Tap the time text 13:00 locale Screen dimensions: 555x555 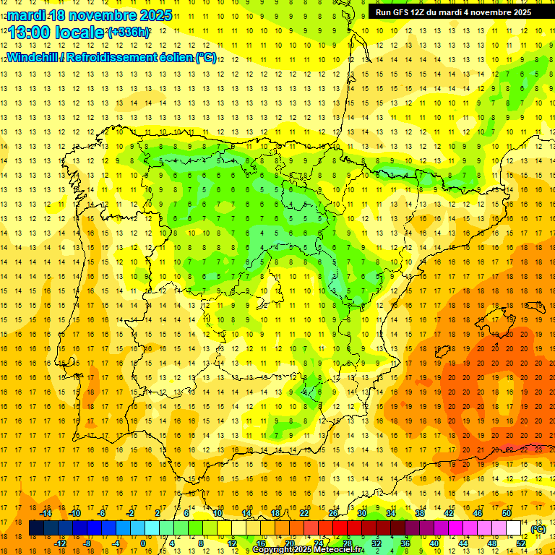tap(56, 33)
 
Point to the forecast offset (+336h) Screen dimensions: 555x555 tap(129, 33)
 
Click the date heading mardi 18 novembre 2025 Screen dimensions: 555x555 tap(90, 15)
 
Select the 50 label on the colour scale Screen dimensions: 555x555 tap(507, 513)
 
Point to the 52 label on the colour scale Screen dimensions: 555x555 tap(521, 543)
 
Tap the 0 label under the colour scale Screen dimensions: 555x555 tap(143, 543)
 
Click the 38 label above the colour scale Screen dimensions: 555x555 tap(420, 513)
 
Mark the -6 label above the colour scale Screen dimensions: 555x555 tap(102, 513)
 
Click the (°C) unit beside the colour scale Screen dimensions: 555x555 tap(538, 529)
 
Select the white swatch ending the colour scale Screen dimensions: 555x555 tap(514, 528)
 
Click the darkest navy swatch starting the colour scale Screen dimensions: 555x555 tap(36, 528)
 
